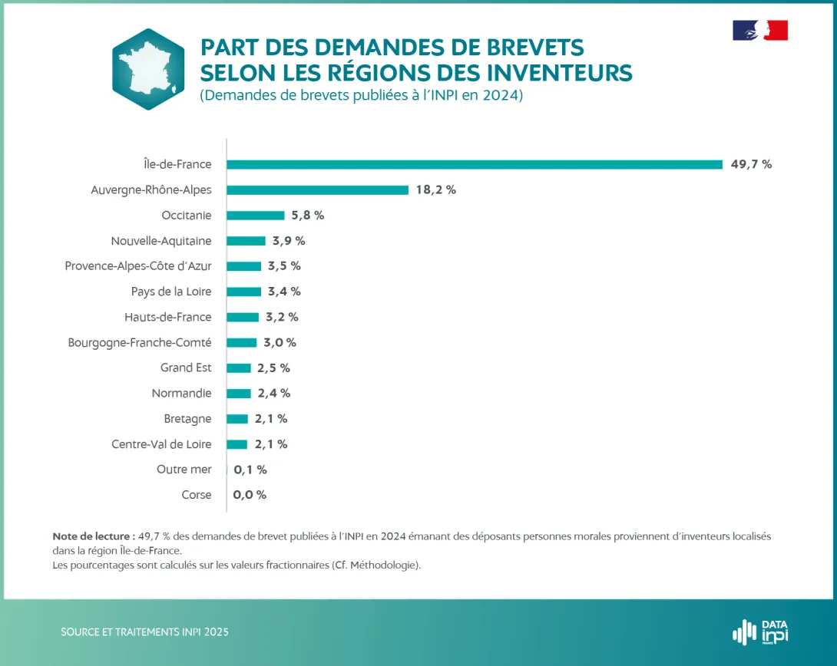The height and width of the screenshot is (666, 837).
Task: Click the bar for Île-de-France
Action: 475,164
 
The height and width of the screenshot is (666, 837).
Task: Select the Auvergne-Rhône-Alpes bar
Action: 317,190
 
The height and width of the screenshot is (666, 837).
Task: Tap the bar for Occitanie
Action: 255,216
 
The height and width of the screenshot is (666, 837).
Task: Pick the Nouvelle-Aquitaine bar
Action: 246,241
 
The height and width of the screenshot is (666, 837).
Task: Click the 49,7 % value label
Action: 751,164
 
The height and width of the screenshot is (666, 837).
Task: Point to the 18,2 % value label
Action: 435,190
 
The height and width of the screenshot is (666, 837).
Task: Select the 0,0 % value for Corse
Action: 250,495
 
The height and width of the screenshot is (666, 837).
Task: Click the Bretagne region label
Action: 187,419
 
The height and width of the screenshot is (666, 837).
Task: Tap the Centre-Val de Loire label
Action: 161,444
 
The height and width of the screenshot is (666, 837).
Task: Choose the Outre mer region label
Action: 184,470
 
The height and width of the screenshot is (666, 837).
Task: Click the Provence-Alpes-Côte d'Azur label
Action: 138,266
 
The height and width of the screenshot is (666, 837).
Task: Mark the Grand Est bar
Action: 239,368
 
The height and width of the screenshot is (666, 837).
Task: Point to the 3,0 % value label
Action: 280,342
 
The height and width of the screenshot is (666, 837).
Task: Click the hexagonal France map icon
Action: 148,69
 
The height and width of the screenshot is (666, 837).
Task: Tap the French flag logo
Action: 760,31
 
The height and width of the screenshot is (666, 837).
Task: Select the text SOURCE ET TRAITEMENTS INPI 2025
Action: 144,632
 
